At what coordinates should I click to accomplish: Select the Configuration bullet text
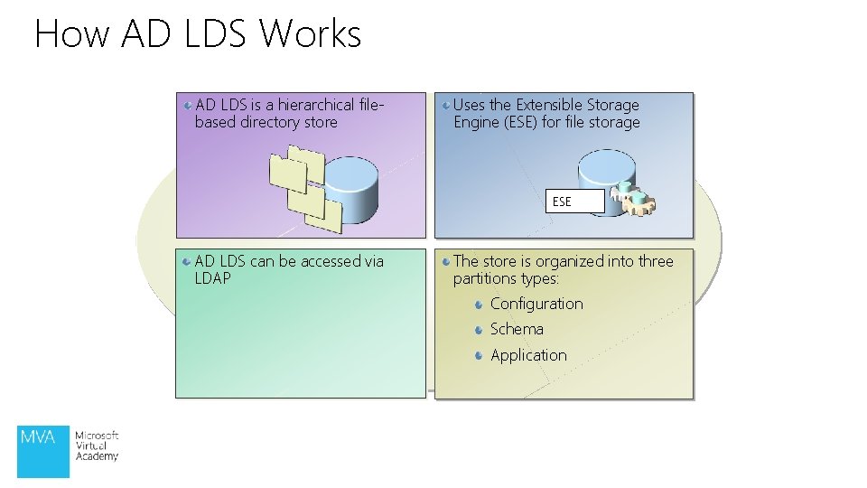tap(536, 304)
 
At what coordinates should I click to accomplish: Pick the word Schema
tap(517, 329)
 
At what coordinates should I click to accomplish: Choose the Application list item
tap(528, 355)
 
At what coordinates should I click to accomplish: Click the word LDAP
tap(213, 278)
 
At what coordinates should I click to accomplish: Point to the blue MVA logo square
tap(43, 450)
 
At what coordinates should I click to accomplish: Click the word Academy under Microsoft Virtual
tap(97, 456)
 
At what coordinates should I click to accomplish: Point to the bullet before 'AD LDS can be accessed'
tap(185, 261)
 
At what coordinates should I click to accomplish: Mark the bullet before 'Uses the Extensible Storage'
tap(446, 106)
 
